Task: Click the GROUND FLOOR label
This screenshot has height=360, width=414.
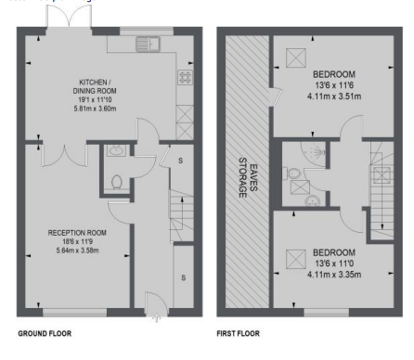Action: [x=45, y=333]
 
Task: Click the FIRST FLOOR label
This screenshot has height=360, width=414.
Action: [x=238, y=333]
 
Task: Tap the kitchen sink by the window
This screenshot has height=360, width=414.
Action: [x=148, y=44]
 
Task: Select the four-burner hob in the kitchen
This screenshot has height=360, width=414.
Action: [x=185, y=77]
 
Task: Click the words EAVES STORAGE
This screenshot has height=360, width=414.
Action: [x=248, y=177]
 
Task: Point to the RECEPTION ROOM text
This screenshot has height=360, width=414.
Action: [x=77, y=233]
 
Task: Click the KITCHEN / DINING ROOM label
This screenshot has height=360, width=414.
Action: [x=95, y=86]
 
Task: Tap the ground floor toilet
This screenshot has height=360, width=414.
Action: [x=117, y=182]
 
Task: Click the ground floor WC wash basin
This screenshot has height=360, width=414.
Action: [x=116, y=150]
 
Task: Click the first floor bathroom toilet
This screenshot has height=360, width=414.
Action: [x=291, y=174]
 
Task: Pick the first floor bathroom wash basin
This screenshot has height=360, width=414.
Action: [x=313, y=201]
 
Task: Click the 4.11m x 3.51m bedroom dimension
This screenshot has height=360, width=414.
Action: [x=334, y=96]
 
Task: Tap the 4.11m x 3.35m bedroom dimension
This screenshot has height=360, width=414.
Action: [x=334, y=275]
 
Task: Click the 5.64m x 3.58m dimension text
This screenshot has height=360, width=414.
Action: [x=77, y=251]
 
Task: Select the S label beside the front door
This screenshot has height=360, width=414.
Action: [x=184, y=277]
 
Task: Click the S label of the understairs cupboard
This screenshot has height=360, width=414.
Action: [x=181, y=161]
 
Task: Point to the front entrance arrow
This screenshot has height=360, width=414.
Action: [x=157, y=318]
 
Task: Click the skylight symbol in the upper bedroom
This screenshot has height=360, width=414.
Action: [x=296, y=58]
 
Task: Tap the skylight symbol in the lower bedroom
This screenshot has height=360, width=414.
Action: [x=296, y=259]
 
